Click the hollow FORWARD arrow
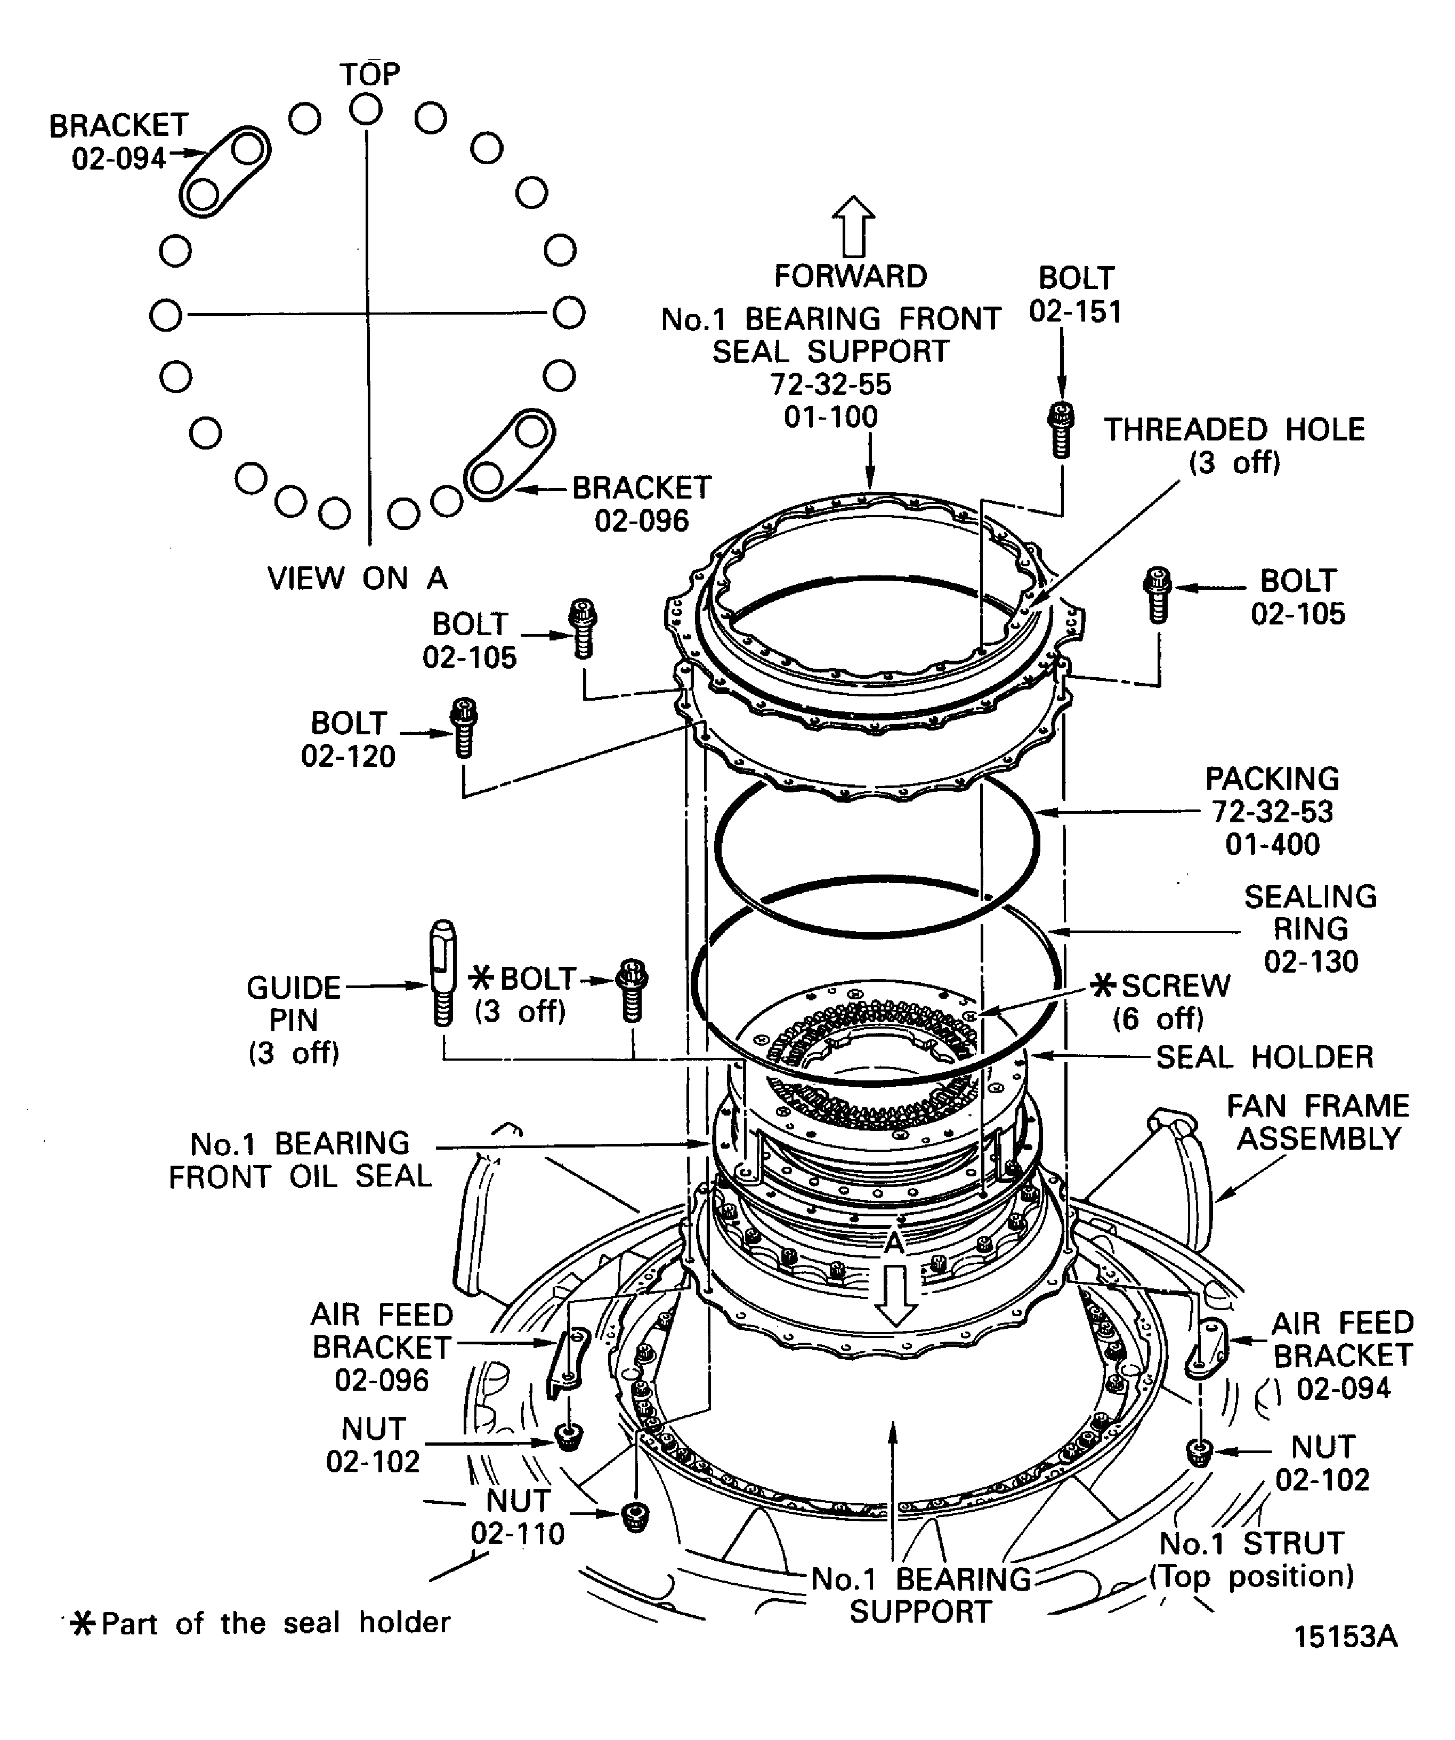(x=853, y=226)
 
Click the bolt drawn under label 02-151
(x=1061, y=430)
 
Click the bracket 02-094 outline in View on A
(x=225, y=172)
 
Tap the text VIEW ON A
(x=357, y=579)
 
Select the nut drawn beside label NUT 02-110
(x=635, y=1516)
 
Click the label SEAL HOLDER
(x=1264, y=1057)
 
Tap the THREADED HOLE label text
(x=1234, y=430)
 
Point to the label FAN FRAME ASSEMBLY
(x=1317, y=1122)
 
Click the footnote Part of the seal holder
(x=275, y=1622)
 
